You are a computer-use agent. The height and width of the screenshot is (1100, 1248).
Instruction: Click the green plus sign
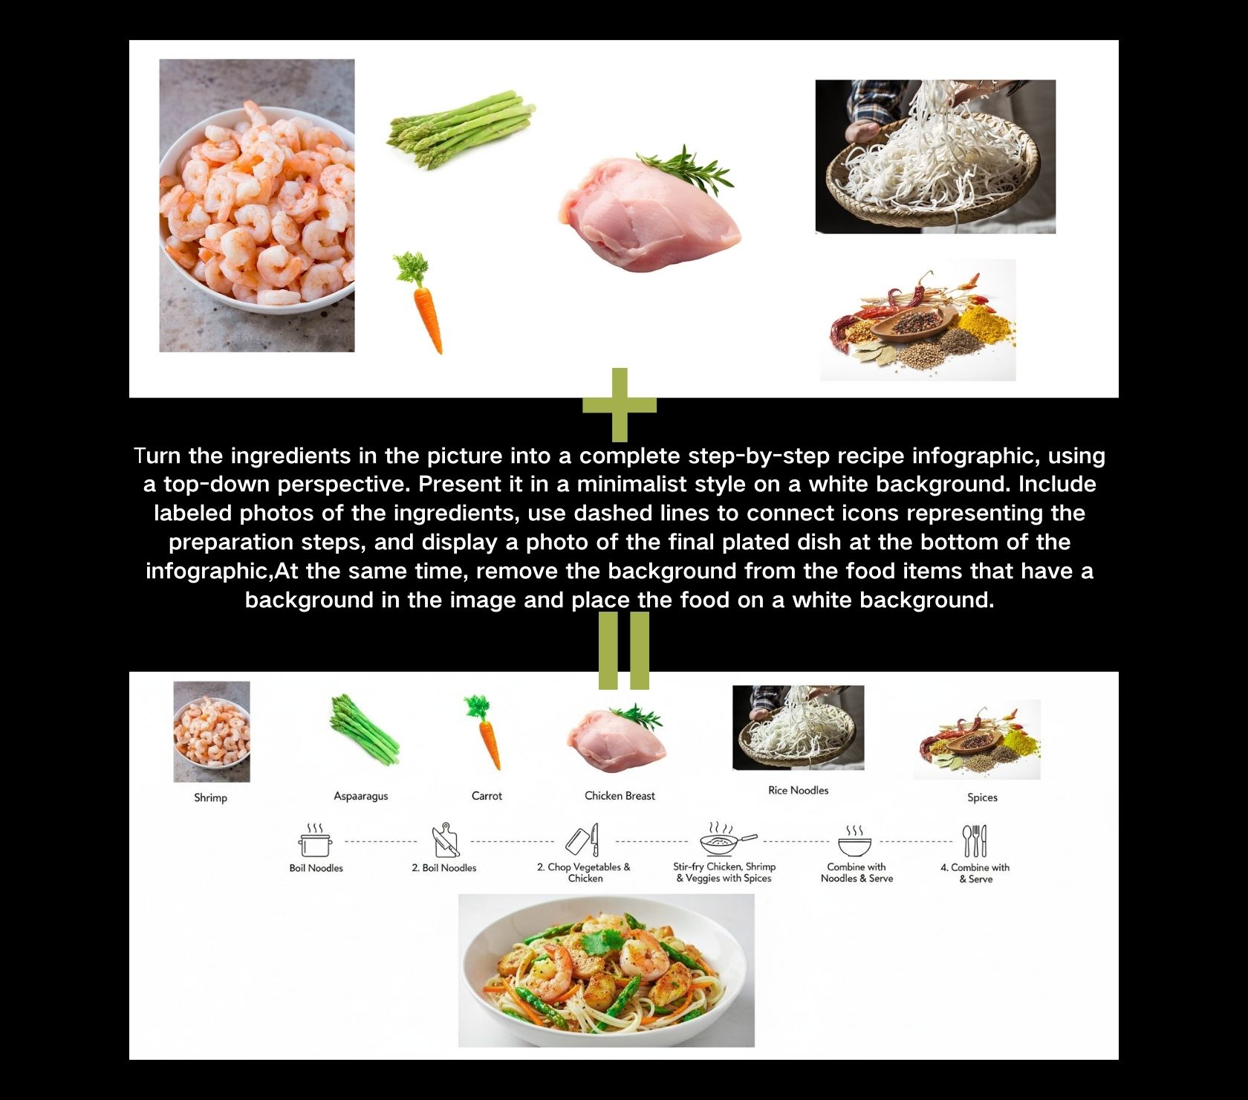click(620, 404)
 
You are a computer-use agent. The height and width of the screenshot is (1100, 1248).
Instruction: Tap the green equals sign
click(624, 650)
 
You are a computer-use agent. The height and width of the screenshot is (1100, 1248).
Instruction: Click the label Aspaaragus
click(361, 796)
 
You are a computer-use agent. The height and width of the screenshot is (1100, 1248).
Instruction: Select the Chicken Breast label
click(620, 796)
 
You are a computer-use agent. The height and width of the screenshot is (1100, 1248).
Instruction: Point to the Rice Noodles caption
click(798, 790)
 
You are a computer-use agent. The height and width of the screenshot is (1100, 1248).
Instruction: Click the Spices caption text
click(982, 797)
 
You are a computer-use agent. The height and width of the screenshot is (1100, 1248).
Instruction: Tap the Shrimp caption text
click(210, 797)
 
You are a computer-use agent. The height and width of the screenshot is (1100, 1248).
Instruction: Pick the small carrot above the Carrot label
click(484, 732)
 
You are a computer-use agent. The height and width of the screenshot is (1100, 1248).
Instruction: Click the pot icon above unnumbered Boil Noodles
click(316, 841)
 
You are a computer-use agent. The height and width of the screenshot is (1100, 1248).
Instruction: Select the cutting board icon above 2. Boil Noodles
click(445, 841)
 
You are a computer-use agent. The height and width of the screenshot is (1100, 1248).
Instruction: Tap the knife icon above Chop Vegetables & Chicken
click(582, 841)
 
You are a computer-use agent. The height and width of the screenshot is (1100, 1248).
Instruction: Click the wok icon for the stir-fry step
click(726, 841)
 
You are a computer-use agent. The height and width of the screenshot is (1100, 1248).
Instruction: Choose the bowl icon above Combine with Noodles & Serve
click(855, 842)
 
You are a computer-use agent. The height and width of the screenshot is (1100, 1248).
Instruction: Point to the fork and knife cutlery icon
click(975, 841)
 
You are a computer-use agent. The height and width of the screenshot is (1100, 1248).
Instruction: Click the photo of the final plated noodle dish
click(606, 970)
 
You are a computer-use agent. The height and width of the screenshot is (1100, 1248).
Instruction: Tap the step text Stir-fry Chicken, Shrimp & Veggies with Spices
click(724, 873)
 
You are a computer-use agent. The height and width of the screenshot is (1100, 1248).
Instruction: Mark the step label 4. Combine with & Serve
click(975, 873)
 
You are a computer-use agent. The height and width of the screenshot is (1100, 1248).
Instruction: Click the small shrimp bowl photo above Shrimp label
click(212, 731)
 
